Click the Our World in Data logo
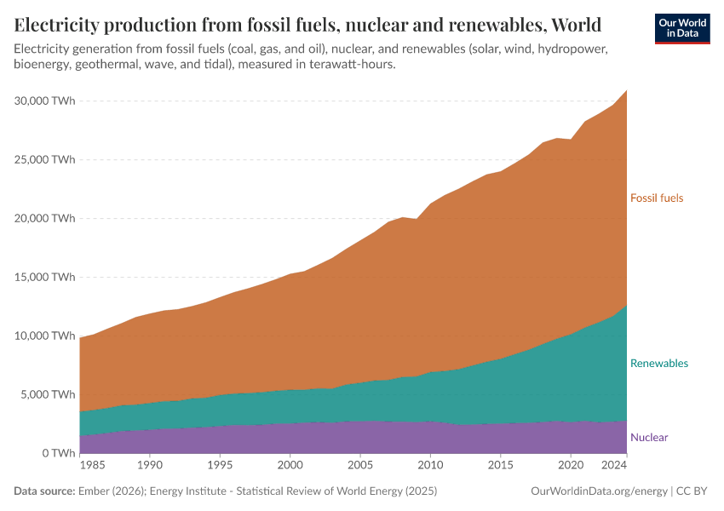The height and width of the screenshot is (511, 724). [681, 28]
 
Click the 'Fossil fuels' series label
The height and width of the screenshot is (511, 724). [657, 198]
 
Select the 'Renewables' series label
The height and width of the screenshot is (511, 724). [658, 364]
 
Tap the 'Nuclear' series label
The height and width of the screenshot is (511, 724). [649, 438]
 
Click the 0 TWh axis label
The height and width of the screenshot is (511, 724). [57, 454]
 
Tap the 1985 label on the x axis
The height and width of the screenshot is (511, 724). [93, 467]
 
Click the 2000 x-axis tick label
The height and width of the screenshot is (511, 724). [290, 467]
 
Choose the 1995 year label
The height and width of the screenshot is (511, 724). [220, 467]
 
